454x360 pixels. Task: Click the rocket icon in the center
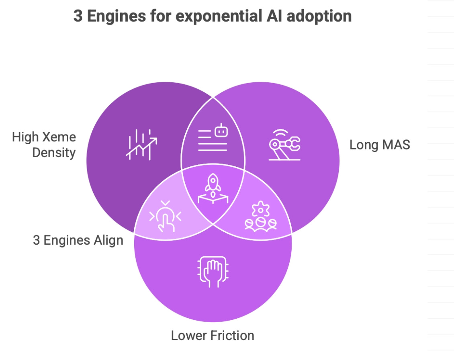pyautogui.click(x=213, y=188)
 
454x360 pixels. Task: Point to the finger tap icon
pyautogui.click(x=165, y=217)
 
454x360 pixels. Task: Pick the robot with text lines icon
pyautogui.click(x=213, y=138)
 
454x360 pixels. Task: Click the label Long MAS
pyautogui.click(x=380, y=145)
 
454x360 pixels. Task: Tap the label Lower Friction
pyautogui.click(x=213, y=335)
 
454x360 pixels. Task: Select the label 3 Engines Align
pyautogui.click(x=78, y=240)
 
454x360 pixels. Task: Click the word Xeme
pyautogui.click(x=60, y=137)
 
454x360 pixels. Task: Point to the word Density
pyautogui.click(x=54, y=153)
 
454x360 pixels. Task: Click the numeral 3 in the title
pyautogui.click(x=78, y=16)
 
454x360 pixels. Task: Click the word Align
pyautogui.click(x=108, y=240)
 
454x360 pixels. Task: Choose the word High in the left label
pyautogui.click(x=27, y=137)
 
